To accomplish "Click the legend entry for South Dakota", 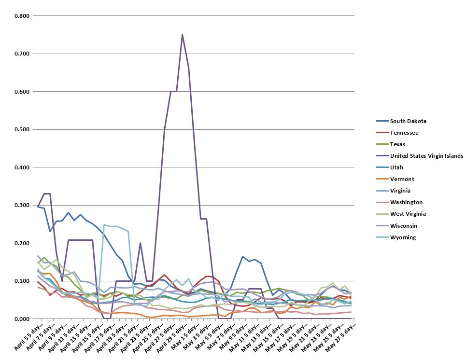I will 408,121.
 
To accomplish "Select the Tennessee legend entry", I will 404,133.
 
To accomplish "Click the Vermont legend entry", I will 402,179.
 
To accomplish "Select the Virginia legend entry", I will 402,191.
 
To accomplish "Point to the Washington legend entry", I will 406,202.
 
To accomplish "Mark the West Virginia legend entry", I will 408,214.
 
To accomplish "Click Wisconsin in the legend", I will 404,225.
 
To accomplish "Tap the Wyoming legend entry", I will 403,237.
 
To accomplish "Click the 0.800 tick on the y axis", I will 22,16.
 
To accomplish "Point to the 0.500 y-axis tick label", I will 22,129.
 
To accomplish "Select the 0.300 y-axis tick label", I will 22,205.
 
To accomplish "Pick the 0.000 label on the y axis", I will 22,318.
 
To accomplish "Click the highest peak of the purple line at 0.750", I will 182,35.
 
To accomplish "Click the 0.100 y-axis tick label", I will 22,281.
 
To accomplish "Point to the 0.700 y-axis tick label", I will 22,54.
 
